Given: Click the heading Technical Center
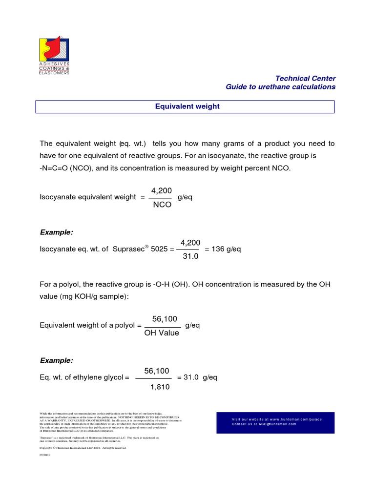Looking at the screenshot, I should coord(306,78).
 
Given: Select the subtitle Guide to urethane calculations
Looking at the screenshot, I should coord(280,86).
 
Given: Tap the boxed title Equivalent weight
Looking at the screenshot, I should coord(187,106).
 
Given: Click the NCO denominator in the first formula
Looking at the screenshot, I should coord(162,205).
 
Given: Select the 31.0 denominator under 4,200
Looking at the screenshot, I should coord(190,256).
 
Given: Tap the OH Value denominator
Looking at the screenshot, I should coord(162,333).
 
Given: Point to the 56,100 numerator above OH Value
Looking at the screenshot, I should coord(161,318).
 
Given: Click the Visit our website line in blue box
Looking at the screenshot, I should coord(277,419).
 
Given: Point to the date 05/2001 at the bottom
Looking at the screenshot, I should coord(44,454).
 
